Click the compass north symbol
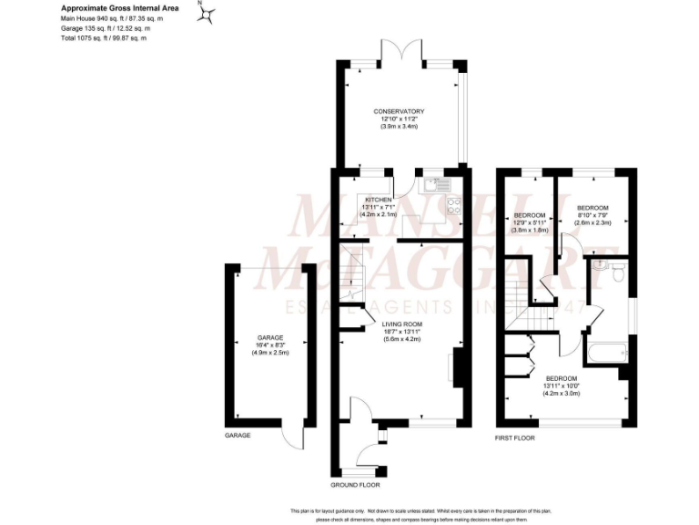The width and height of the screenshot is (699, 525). tap(209, 14)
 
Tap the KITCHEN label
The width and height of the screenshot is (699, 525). tap(378, 199)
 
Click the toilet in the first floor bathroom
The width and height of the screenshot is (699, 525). tap(616, 270)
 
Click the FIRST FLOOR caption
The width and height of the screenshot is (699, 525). tap(515, 438)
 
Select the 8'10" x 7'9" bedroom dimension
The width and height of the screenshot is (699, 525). tap(592, 215)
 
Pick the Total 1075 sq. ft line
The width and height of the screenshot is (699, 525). tap(104, 37)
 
